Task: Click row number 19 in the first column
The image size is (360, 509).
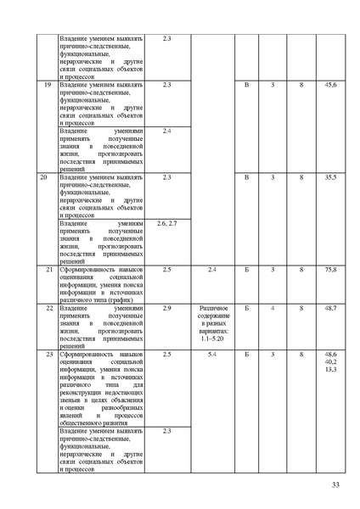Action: point(46,86)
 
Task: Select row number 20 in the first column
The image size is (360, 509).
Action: point(44,176)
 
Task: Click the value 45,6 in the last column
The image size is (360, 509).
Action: point(329,86)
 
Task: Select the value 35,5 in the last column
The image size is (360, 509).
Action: point(329,176)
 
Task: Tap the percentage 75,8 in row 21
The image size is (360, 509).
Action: point(329,269)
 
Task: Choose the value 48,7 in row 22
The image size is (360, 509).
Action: point(329,308)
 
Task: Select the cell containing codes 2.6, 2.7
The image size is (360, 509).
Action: point(166,223)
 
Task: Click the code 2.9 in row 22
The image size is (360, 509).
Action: point(166,308)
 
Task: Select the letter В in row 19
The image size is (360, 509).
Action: point(247,86)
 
